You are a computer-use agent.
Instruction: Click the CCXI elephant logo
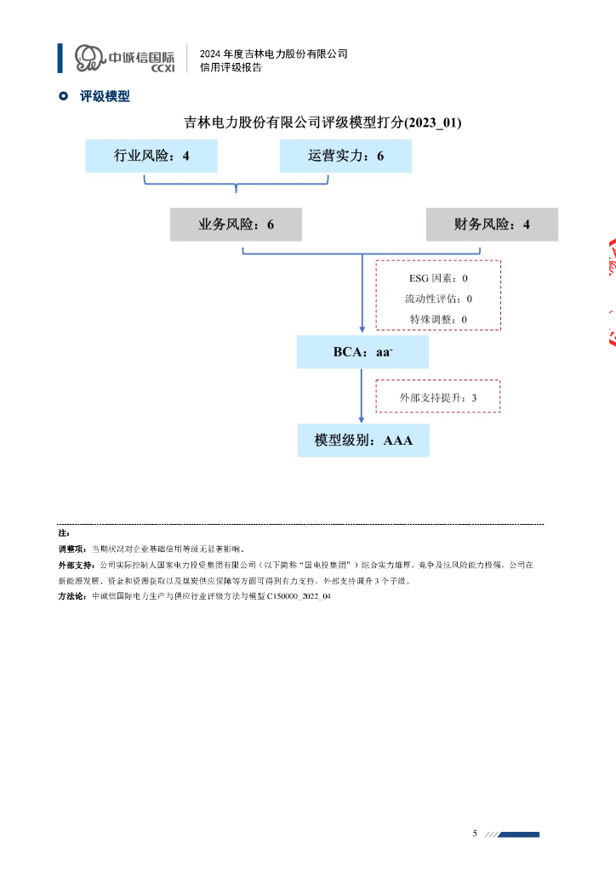coord(88,59)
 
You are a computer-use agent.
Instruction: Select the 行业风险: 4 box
coord(151,157)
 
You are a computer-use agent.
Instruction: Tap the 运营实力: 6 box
coord(345,157)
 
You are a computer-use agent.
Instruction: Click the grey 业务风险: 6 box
coord(236,225)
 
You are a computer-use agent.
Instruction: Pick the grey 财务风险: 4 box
coord(492,225)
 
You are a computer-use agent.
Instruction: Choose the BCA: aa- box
coord(362,352)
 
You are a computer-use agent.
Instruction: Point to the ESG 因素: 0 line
coord(438,278)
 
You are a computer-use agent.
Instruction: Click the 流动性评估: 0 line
coord(438,299)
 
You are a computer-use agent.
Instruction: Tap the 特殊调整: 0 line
coord(438,320)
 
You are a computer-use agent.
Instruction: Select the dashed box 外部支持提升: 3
coord(438,397)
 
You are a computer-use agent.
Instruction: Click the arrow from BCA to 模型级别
coord(362,396)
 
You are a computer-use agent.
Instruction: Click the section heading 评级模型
coord(105,97)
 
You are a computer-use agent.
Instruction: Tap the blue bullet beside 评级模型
coord(63,97)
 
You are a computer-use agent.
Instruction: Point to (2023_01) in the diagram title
coord(433,123)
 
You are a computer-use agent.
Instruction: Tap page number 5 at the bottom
coord(475,833)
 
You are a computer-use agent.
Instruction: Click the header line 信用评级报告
coord(231,68)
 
